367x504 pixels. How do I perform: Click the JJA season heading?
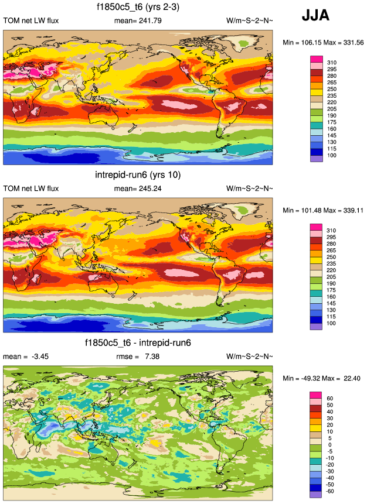pyautogui.click(x=315, y=16)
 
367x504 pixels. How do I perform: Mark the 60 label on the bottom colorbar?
pyautogui.click(x=329, y=399)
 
